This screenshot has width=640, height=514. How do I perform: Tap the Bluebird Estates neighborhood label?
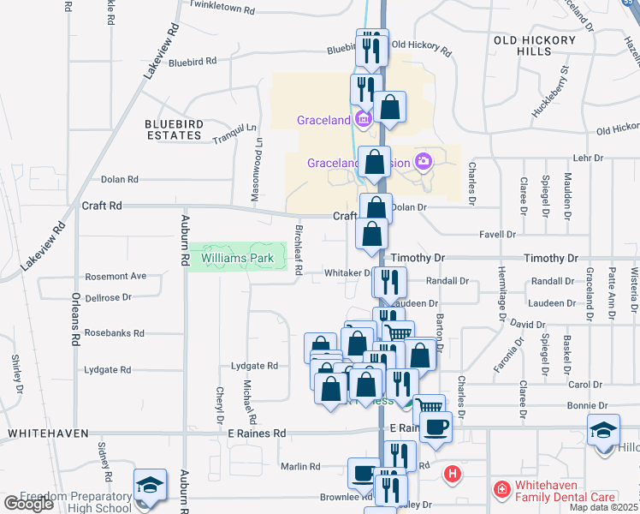175,130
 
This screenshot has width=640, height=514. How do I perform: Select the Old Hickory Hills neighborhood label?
530,46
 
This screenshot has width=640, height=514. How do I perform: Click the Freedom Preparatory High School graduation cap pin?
150,485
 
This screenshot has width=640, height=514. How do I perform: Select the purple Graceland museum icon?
363,119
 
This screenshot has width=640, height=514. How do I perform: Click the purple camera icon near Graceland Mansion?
422,161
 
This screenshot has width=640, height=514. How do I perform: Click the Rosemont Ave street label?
116,276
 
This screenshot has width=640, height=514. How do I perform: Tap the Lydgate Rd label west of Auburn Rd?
108,370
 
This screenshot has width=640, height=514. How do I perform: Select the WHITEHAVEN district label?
48,433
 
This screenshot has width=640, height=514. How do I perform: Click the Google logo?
28,504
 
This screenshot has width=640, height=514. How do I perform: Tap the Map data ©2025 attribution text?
603,507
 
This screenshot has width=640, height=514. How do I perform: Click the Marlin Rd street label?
300,467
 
